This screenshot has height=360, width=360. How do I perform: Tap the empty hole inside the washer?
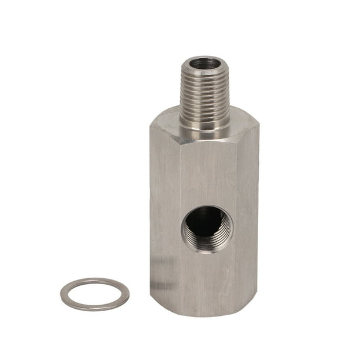94,294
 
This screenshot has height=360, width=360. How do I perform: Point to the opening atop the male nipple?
205,62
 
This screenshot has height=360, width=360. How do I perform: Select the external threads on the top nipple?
205,88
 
